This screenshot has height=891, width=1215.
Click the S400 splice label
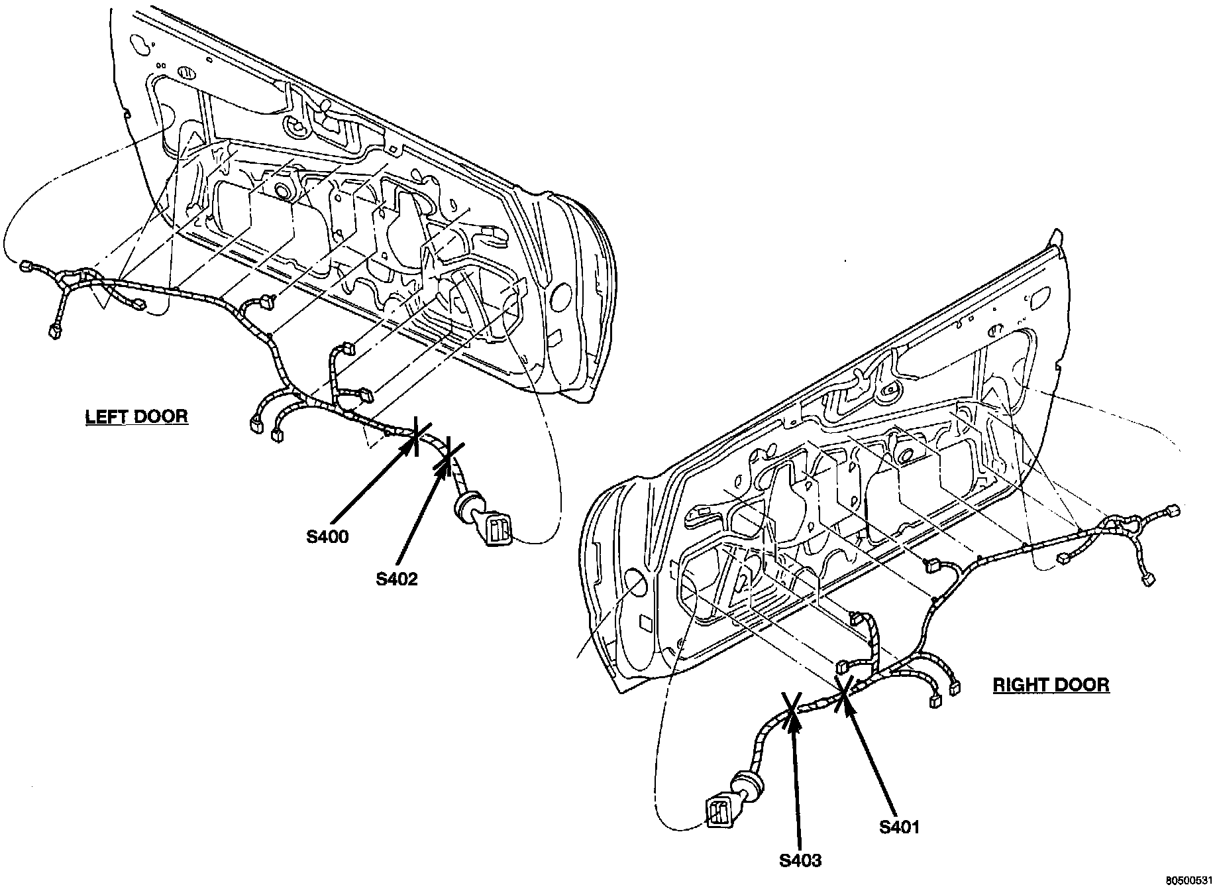tap(327, 537)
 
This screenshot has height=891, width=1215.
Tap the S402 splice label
tap(397, 579)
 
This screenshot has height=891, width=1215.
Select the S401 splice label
tap(900, 827)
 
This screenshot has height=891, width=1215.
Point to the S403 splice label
tap(800, 861)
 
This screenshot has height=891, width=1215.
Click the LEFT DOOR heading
tap(136, 416)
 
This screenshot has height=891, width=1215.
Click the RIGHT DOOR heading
tap(1051, 684)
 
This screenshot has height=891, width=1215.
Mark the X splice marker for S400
tap(416, 435)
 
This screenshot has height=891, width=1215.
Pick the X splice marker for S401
tap(843, 694)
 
